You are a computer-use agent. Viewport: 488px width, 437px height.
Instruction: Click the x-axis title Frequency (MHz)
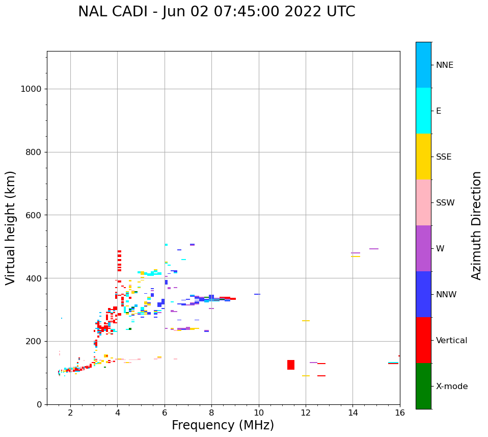pos(223,425)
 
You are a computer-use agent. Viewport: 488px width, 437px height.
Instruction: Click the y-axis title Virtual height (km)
pos(11,227)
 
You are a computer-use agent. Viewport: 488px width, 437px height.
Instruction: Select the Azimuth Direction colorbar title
pos(476,225)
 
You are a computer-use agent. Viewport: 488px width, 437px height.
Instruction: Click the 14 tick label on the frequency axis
pos(353,412)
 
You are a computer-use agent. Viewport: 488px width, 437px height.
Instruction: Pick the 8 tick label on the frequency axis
pos(211,412)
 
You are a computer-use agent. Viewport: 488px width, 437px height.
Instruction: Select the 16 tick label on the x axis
pos(400,412)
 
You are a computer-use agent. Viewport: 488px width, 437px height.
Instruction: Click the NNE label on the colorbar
pos(444,65)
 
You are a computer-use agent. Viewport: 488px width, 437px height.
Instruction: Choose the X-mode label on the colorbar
pos(452,387)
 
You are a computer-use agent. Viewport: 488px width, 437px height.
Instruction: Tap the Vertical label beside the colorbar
pos(451,341)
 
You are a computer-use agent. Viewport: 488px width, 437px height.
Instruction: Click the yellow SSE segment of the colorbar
pos(423,157)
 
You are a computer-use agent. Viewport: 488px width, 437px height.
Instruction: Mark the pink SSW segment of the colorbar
pos(423,202)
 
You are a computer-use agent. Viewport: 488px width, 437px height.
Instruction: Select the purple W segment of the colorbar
pos(423,248)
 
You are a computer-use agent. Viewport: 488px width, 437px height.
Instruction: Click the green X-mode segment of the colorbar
pos(423,386)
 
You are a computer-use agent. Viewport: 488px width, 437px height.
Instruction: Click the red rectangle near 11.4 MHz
pos(291,365)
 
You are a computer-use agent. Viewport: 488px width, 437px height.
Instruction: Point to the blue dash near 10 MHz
pos(257,294)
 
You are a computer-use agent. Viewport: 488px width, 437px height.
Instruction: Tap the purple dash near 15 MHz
pos(374,249)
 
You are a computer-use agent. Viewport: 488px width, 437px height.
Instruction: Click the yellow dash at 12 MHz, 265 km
pos(306,321)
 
